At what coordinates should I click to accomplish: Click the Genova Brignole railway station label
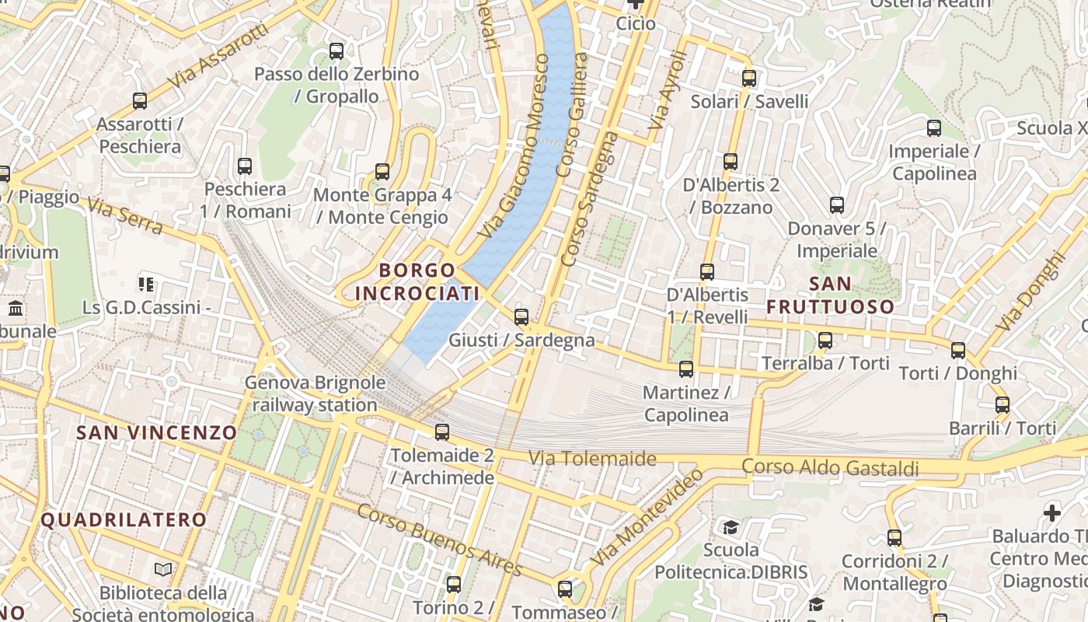click(x=315, y=393)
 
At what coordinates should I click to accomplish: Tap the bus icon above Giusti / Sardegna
click(x=521, y=316)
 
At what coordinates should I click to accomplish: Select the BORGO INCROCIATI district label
click(x=417, y=281)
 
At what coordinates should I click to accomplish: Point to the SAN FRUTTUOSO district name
click(x=830, y=295)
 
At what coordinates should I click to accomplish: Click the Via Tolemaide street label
click(x=592, y=459)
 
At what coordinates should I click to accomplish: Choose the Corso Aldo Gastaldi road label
click(x=830, y=467)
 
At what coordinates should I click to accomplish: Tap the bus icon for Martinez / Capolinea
click(x=685, y=369)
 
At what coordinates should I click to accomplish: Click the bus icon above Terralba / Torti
click(x=825, y=340)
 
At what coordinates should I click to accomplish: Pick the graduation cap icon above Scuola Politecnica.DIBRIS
click(x=731, y=528)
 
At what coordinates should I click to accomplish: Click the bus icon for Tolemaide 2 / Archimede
click(x=442, y=432)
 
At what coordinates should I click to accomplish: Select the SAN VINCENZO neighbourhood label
click(x=156, y=432)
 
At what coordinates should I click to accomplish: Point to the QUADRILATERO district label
click(x=124, y=519)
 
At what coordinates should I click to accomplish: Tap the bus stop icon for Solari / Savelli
click(x=749, y=78)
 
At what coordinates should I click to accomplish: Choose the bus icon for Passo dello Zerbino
click(x=337, y=51)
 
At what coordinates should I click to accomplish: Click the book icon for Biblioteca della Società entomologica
click(x=163, y=570)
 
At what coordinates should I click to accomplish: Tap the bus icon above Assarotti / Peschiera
click(x=140, y=100)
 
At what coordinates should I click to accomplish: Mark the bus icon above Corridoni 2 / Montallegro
click(x=894, y=537)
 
